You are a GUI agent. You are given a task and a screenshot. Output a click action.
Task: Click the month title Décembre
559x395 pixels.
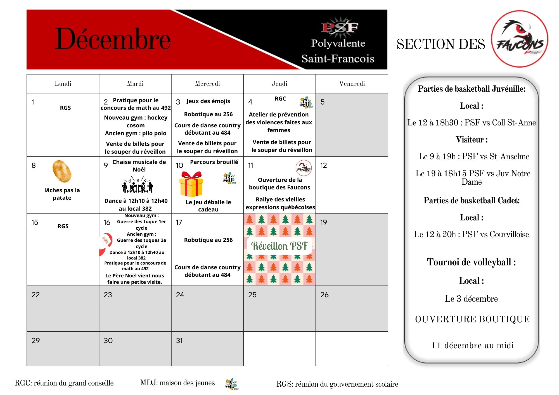click(x=113, y=39)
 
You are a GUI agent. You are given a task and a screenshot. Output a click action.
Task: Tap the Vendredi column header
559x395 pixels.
click(x=352, y=84)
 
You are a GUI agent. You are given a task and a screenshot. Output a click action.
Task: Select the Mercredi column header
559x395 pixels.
click(x=207, y=84)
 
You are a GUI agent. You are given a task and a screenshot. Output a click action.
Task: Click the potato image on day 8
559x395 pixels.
click(x=62, y=171)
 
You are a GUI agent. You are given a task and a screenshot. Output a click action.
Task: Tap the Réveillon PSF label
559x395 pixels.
click(x=279, y=246)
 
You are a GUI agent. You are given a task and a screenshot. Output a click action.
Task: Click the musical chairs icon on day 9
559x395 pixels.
click(x=138, y=185)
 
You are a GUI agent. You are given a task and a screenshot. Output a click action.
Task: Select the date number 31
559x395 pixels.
click(x=179, y=341)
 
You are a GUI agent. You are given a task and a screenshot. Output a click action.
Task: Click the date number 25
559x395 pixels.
click(x=252, y=295)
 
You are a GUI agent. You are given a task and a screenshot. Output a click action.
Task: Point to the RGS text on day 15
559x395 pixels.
click(x=63, y=226)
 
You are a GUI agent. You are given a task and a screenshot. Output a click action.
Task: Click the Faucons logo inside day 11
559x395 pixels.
click(x=304, y=168)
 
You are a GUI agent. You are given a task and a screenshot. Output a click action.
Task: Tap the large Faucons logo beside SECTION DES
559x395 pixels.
click(x=520, y=39)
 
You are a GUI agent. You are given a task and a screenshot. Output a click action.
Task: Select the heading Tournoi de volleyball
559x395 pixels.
click(x=471, y=262)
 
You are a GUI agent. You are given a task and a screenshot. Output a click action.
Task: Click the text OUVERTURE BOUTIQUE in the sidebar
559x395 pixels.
click(x=472, y=319)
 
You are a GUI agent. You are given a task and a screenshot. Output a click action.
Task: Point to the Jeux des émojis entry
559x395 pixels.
click(x=208, y=101)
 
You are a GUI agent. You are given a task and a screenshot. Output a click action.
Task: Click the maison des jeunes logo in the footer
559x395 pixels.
click(x=232, y=384)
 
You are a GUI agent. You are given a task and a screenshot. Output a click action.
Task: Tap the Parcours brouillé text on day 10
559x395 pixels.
click(x=214, y=162)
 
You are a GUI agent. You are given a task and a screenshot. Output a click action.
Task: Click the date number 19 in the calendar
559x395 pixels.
click(x=324, y=222)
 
